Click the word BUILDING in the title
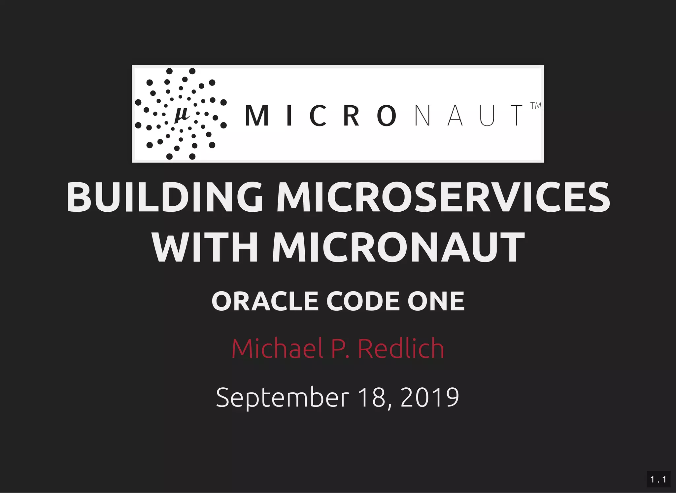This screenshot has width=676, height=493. [x=165, y=197]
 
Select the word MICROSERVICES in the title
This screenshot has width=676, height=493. [x=443, y=197]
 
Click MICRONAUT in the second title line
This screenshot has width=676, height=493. [x=398, y=247]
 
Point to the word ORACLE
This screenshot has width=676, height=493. [x=265, y=301]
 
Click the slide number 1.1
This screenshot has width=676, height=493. [x=658, y=479]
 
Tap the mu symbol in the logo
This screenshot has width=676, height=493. [x=182, y=115]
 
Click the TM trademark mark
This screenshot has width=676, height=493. [x=536, y=106]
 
